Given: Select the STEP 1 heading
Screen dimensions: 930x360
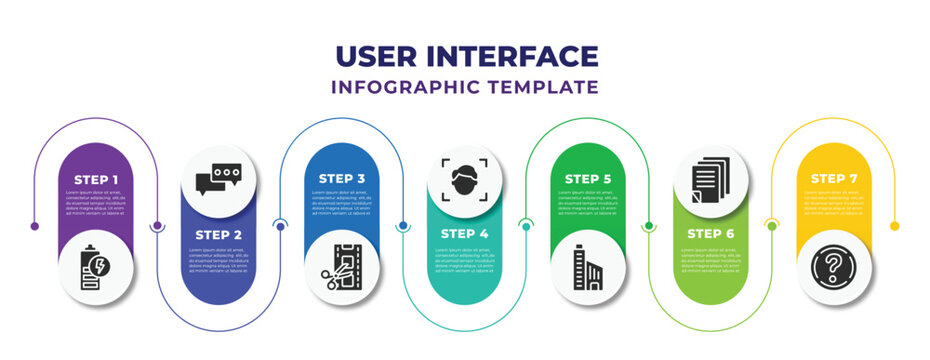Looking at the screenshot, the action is [x=97, y=179].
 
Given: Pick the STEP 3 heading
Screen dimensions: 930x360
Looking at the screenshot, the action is [x=343, y=179].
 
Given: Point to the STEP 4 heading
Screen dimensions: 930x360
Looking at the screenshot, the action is [x=465, y=233].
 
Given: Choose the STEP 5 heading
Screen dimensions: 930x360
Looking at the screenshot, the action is [x=588, y=179].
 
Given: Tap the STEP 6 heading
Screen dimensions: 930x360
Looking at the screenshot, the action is [x=711, y=233].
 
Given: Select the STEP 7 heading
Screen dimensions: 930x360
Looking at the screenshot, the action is [x=834, y=179].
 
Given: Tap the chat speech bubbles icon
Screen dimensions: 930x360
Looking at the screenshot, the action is [x=220, y=179].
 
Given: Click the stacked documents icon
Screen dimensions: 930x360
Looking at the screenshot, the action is [x=711, y=179].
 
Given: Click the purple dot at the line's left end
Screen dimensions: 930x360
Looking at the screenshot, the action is [x=36, y=226].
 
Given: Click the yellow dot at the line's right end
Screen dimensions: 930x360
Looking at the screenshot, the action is [x=894, y=226].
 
